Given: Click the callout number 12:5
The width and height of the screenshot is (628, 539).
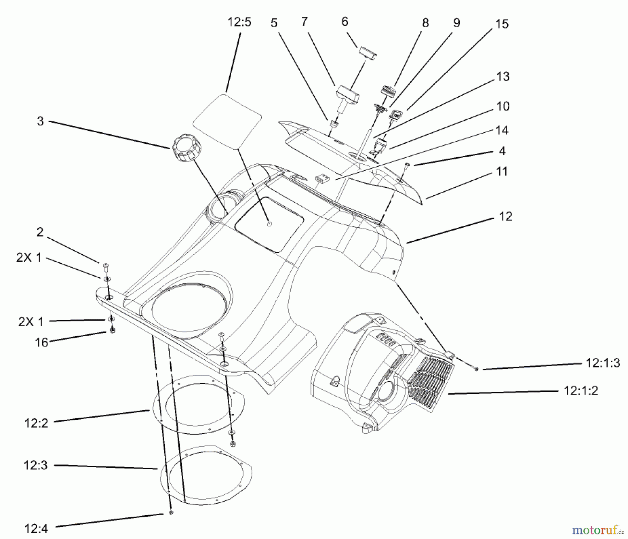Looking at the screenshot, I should [x=239, y=22].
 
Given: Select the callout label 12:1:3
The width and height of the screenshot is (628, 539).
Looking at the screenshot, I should [x=603, y=363].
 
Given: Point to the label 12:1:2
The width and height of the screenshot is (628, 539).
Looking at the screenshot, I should [x=581, y=390].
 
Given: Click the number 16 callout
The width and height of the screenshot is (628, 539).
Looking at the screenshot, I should [x=41, y=342].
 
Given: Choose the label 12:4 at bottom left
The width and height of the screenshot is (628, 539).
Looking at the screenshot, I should [x=36, y=529].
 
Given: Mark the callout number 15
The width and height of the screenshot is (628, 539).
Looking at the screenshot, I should [x=502, y=24].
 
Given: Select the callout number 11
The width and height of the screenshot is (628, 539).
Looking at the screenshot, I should [x=502, y=171].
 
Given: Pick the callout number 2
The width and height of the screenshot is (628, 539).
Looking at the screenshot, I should [x=40, y=232].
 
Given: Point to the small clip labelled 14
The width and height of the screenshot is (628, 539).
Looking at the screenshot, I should [x=322, y=179].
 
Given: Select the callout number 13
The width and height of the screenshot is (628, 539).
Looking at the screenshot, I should [x=503, y=76].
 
